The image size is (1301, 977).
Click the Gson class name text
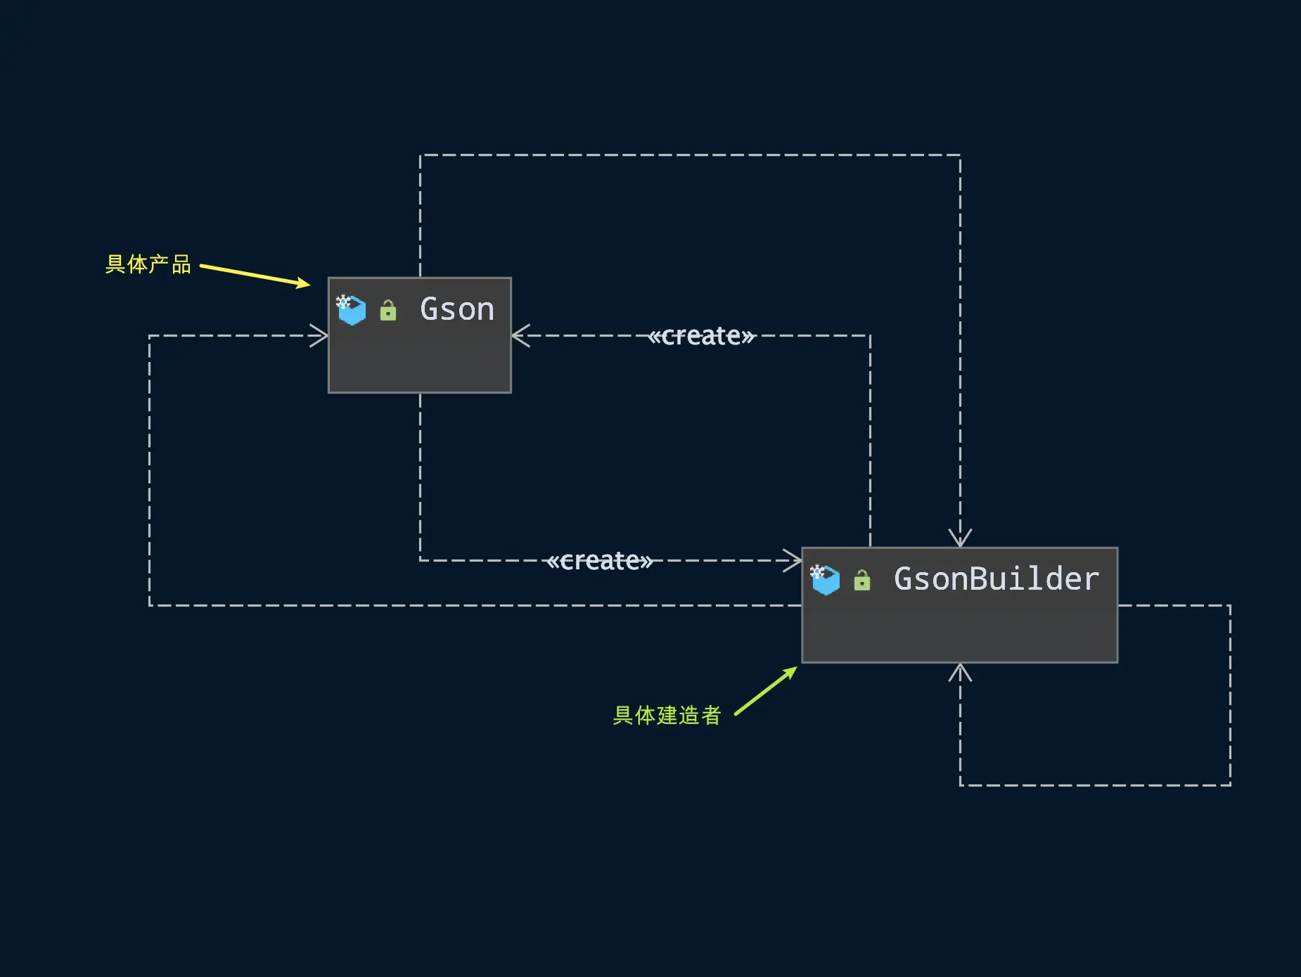(x=457, y=309)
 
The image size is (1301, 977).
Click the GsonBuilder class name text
(x=996, y=579)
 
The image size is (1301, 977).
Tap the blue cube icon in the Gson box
(x=352, y=310)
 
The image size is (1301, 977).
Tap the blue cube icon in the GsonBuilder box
(x=825, y=580)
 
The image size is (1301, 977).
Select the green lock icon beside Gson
(x=388, y=311)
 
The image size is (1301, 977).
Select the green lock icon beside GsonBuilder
(x=861, y=581)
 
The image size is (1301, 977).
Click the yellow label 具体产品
(x=148, y=264)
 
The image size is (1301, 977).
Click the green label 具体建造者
(x=667, y=716)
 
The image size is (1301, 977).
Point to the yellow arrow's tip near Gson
(x=308, y=285)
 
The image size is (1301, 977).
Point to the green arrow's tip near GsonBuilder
(x=795, y=668)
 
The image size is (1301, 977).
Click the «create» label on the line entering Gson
(x=701, y=336)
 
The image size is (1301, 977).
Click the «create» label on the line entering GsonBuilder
(x=600, y=561)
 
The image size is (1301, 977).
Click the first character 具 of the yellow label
(x=115, y=264)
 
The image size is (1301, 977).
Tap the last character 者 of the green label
(x=711, y=716)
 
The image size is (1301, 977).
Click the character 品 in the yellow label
(x=181, y=264)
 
